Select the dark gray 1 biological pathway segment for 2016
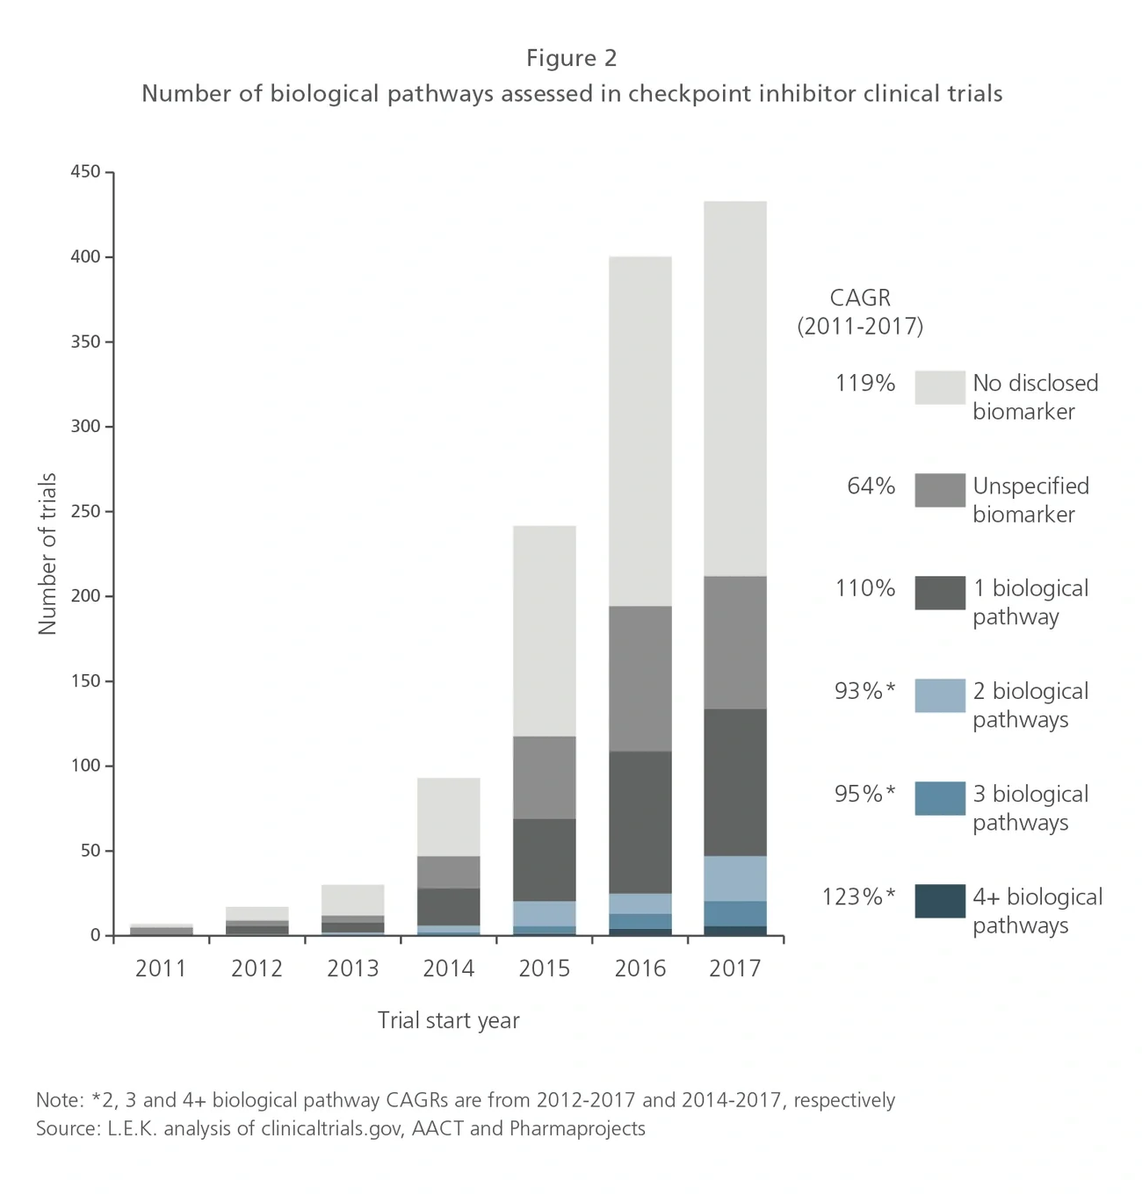click(x=640, y=822)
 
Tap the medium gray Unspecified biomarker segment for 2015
click(x=545, y=777)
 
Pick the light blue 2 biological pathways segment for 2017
click(x=735, y=878)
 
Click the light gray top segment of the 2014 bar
click(x=449, y=817)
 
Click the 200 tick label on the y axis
click(x=85, y=596)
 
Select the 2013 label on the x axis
click(x=352, y=968)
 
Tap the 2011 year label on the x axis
click(x=161, y=968)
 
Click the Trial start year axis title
click(x=448, y=1020)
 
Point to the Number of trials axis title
click(x=47, y=553)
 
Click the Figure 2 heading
click(x=571, y=58)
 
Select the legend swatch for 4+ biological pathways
click(x=939, y=901)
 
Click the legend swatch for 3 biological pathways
click(x=939, y=798)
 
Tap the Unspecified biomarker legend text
click(x=1030, y=500)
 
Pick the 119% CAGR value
click(x=864, y=383)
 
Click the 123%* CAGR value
click(x=858, y=896)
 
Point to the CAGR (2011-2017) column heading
click(x=860, y=312)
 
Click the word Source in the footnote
click(x=67, y=1128)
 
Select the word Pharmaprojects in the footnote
click(x=577, y=1128)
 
